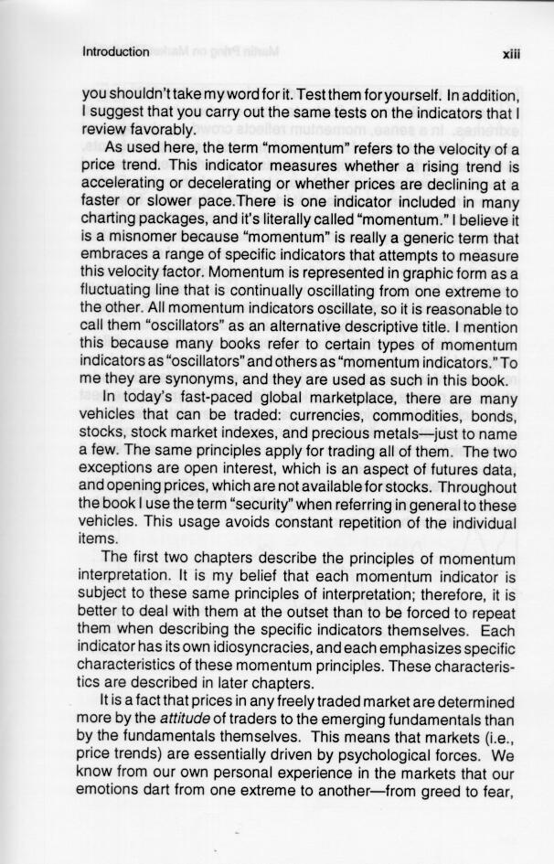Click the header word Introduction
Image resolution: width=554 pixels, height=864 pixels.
tap(115, 51)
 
